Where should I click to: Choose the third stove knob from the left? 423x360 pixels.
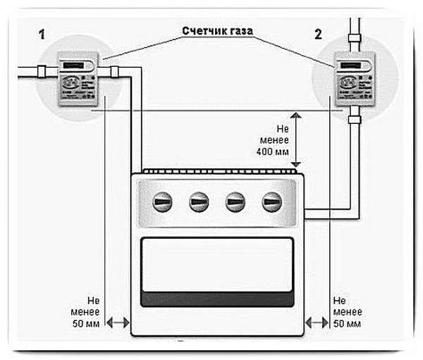[235, 203]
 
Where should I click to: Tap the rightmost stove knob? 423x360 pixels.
[272, 203]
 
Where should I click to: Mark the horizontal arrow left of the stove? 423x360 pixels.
[117, 323]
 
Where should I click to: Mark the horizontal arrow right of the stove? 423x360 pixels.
[316, 323]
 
